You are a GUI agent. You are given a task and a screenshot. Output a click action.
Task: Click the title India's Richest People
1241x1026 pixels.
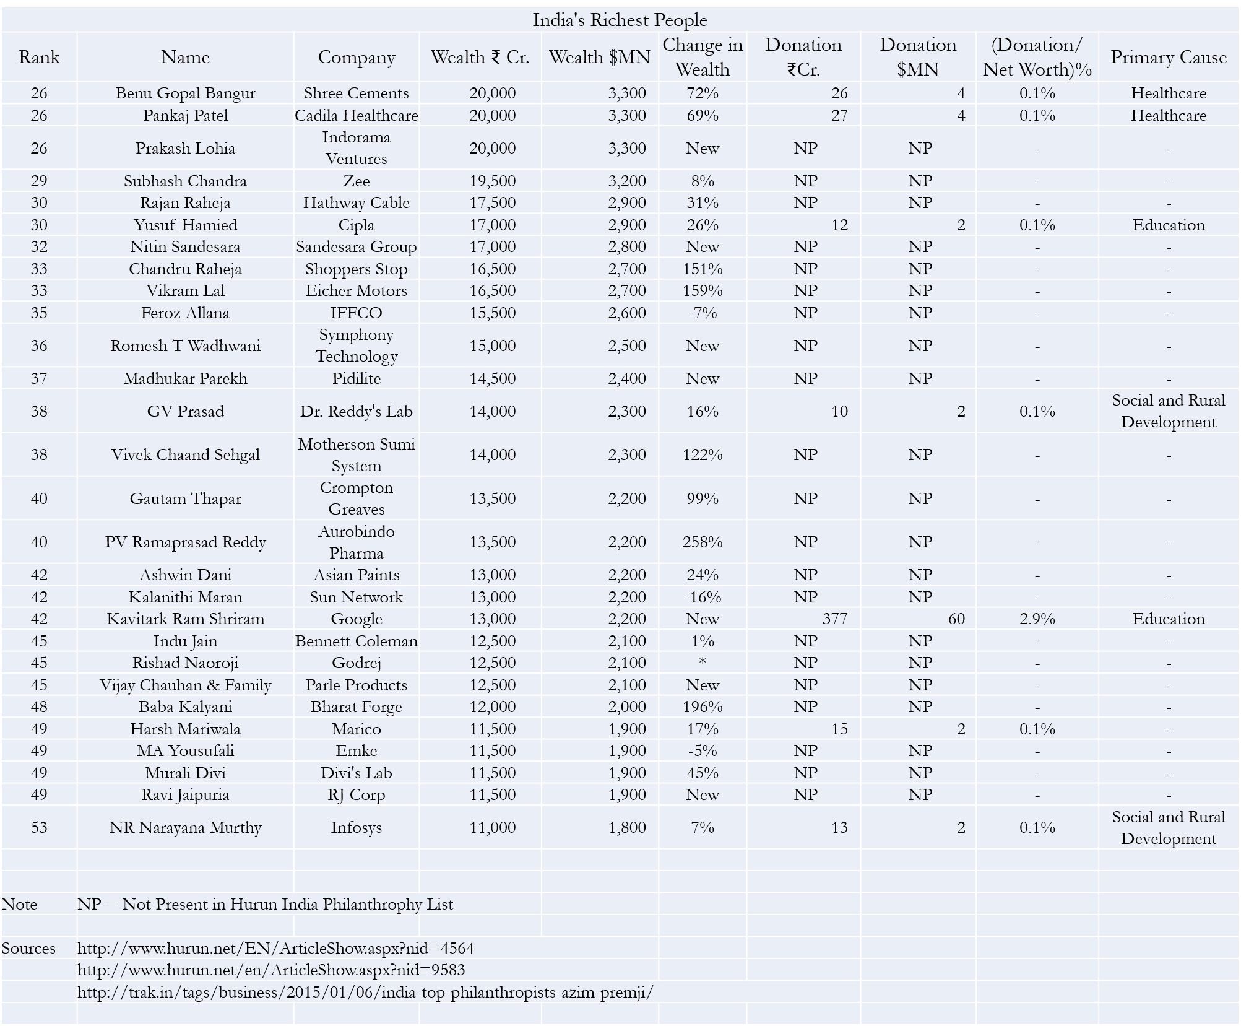pyautogui.click(x=620, y=20)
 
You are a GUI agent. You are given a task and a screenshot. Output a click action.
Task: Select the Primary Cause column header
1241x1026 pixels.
pyautogui.click(x=1168, y=57)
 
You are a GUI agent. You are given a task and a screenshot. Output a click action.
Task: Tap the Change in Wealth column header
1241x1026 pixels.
pyautogui.click(x=703, y=57)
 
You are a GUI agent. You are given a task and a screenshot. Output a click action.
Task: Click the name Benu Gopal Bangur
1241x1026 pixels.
pyautogui.click(x=185, y=93)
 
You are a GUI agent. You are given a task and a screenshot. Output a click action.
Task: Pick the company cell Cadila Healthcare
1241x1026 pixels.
pyautogui.click(x=357, y=115)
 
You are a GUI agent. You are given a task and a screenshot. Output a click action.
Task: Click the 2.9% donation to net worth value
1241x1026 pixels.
pyautogui.click(x=1037, y=619)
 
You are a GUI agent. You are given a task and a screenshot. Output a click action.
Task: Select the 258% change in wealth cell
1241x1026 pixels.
pyautogui.click(x=703, y=542)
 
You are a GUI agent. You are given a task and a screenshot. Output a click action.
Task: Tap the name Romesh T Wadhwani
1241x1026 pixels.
pyautogui.click(x=185, y=346)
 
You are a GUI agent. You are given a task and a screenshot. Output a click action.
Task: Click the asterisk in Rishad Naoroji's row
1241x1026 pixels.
pyautogui.click(x=703, y=662)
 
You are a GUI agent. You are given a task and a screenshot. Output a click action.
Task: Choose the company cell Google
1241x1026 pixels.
pyautogui.click(x=357, y=619)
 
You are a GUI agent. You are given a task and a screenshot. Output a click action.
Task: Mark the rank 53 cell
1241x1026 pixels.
pyautogui.click(x=39, y=827)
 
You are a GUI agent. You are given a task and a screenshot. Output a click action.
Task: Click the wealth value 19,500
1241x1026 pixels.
pyautogui.click(x=492, y=181)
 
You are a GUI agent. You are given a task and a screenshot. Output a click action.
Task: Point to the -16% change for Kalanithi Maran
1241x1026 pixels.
pyautogui.click(x=703, y=597)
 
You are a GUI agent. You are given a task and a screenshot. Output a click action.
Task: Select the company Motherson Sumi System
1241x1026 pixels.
pyautogui.click(x=357, y=454)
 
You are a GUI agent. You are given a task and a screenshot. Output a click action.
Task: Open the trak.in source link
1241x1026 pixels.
pyautogui.click(x=365, y=992)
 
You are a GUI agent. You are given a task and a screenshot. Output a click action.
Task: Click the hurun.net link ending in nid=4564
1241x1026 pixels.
pyautogui.click(x=275, y=948)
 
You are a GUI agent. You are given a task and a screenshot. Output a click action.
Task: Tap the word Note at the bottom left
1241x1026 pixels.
pyautogui.click(x=19, y=904)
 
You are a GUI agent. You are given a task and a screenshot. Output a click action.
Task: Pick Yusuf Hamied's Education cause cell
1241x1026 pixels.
pyautogui.click(x=1168, y=225)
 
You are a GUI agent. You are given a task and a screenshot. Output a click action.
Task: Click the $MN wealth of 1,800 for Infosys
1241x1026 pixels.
pyautogui.click(x=627, y=827)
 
